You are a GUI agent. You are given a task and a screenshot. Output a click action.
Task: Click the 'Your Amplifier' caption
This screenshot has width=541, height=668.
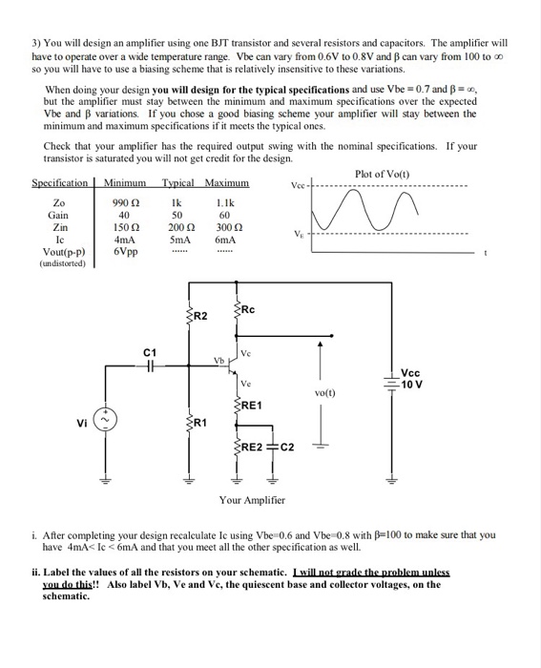pos(252,500)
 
